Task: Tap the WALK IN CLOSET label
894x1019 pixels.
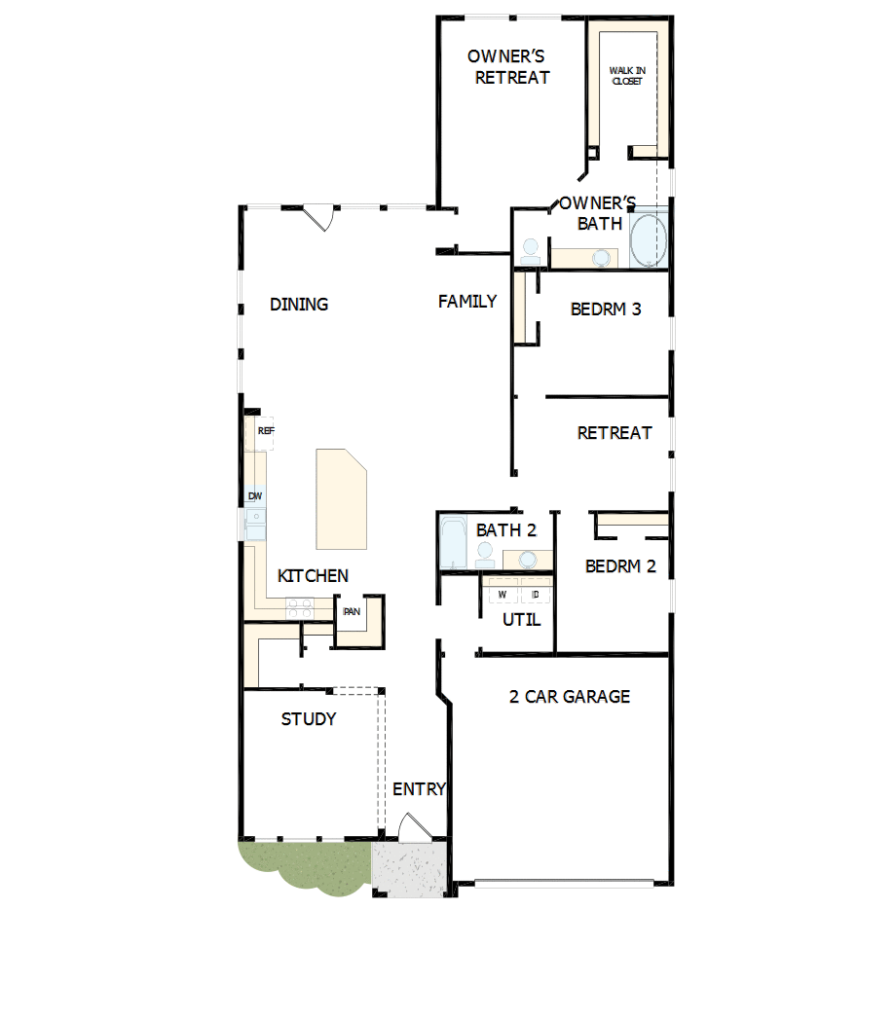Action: click(626, 76)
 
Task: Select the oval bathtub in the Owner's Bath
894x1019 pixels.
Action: click(649, 241)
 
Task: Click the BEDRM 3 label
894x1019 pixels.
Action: click(606, 309)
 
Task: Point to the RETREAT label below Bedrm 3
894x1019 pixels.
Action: click(615, 432)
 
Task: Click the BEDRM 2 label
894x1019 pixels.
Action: click(620, 565)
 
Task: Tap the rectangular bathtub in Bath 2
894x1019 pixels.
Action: click(454, 543)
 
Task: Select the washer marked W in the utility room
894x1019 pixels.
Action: click(502, 592)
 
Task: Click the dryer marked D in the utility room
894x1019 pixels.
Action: click(536, 592)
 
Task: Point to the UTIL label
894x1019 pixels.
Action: click(521, 620)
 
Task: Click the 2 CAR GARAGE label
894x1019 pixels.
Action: click(570, 697)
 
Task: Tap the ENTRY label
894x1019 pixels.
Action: click(419, 788)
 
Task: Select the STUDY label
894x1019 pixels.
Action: click(309, 719)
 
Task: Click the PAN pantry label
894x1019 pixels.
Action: click(352, 611)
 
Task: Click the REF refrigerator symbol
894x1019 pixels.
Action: click(266, 431)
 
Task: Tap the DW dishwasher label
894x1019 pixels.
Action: click(255, 496)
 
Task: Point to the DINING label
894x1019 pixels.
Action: click(299, 305)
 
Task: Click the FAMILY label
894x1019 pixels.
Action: click(467, 302)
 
